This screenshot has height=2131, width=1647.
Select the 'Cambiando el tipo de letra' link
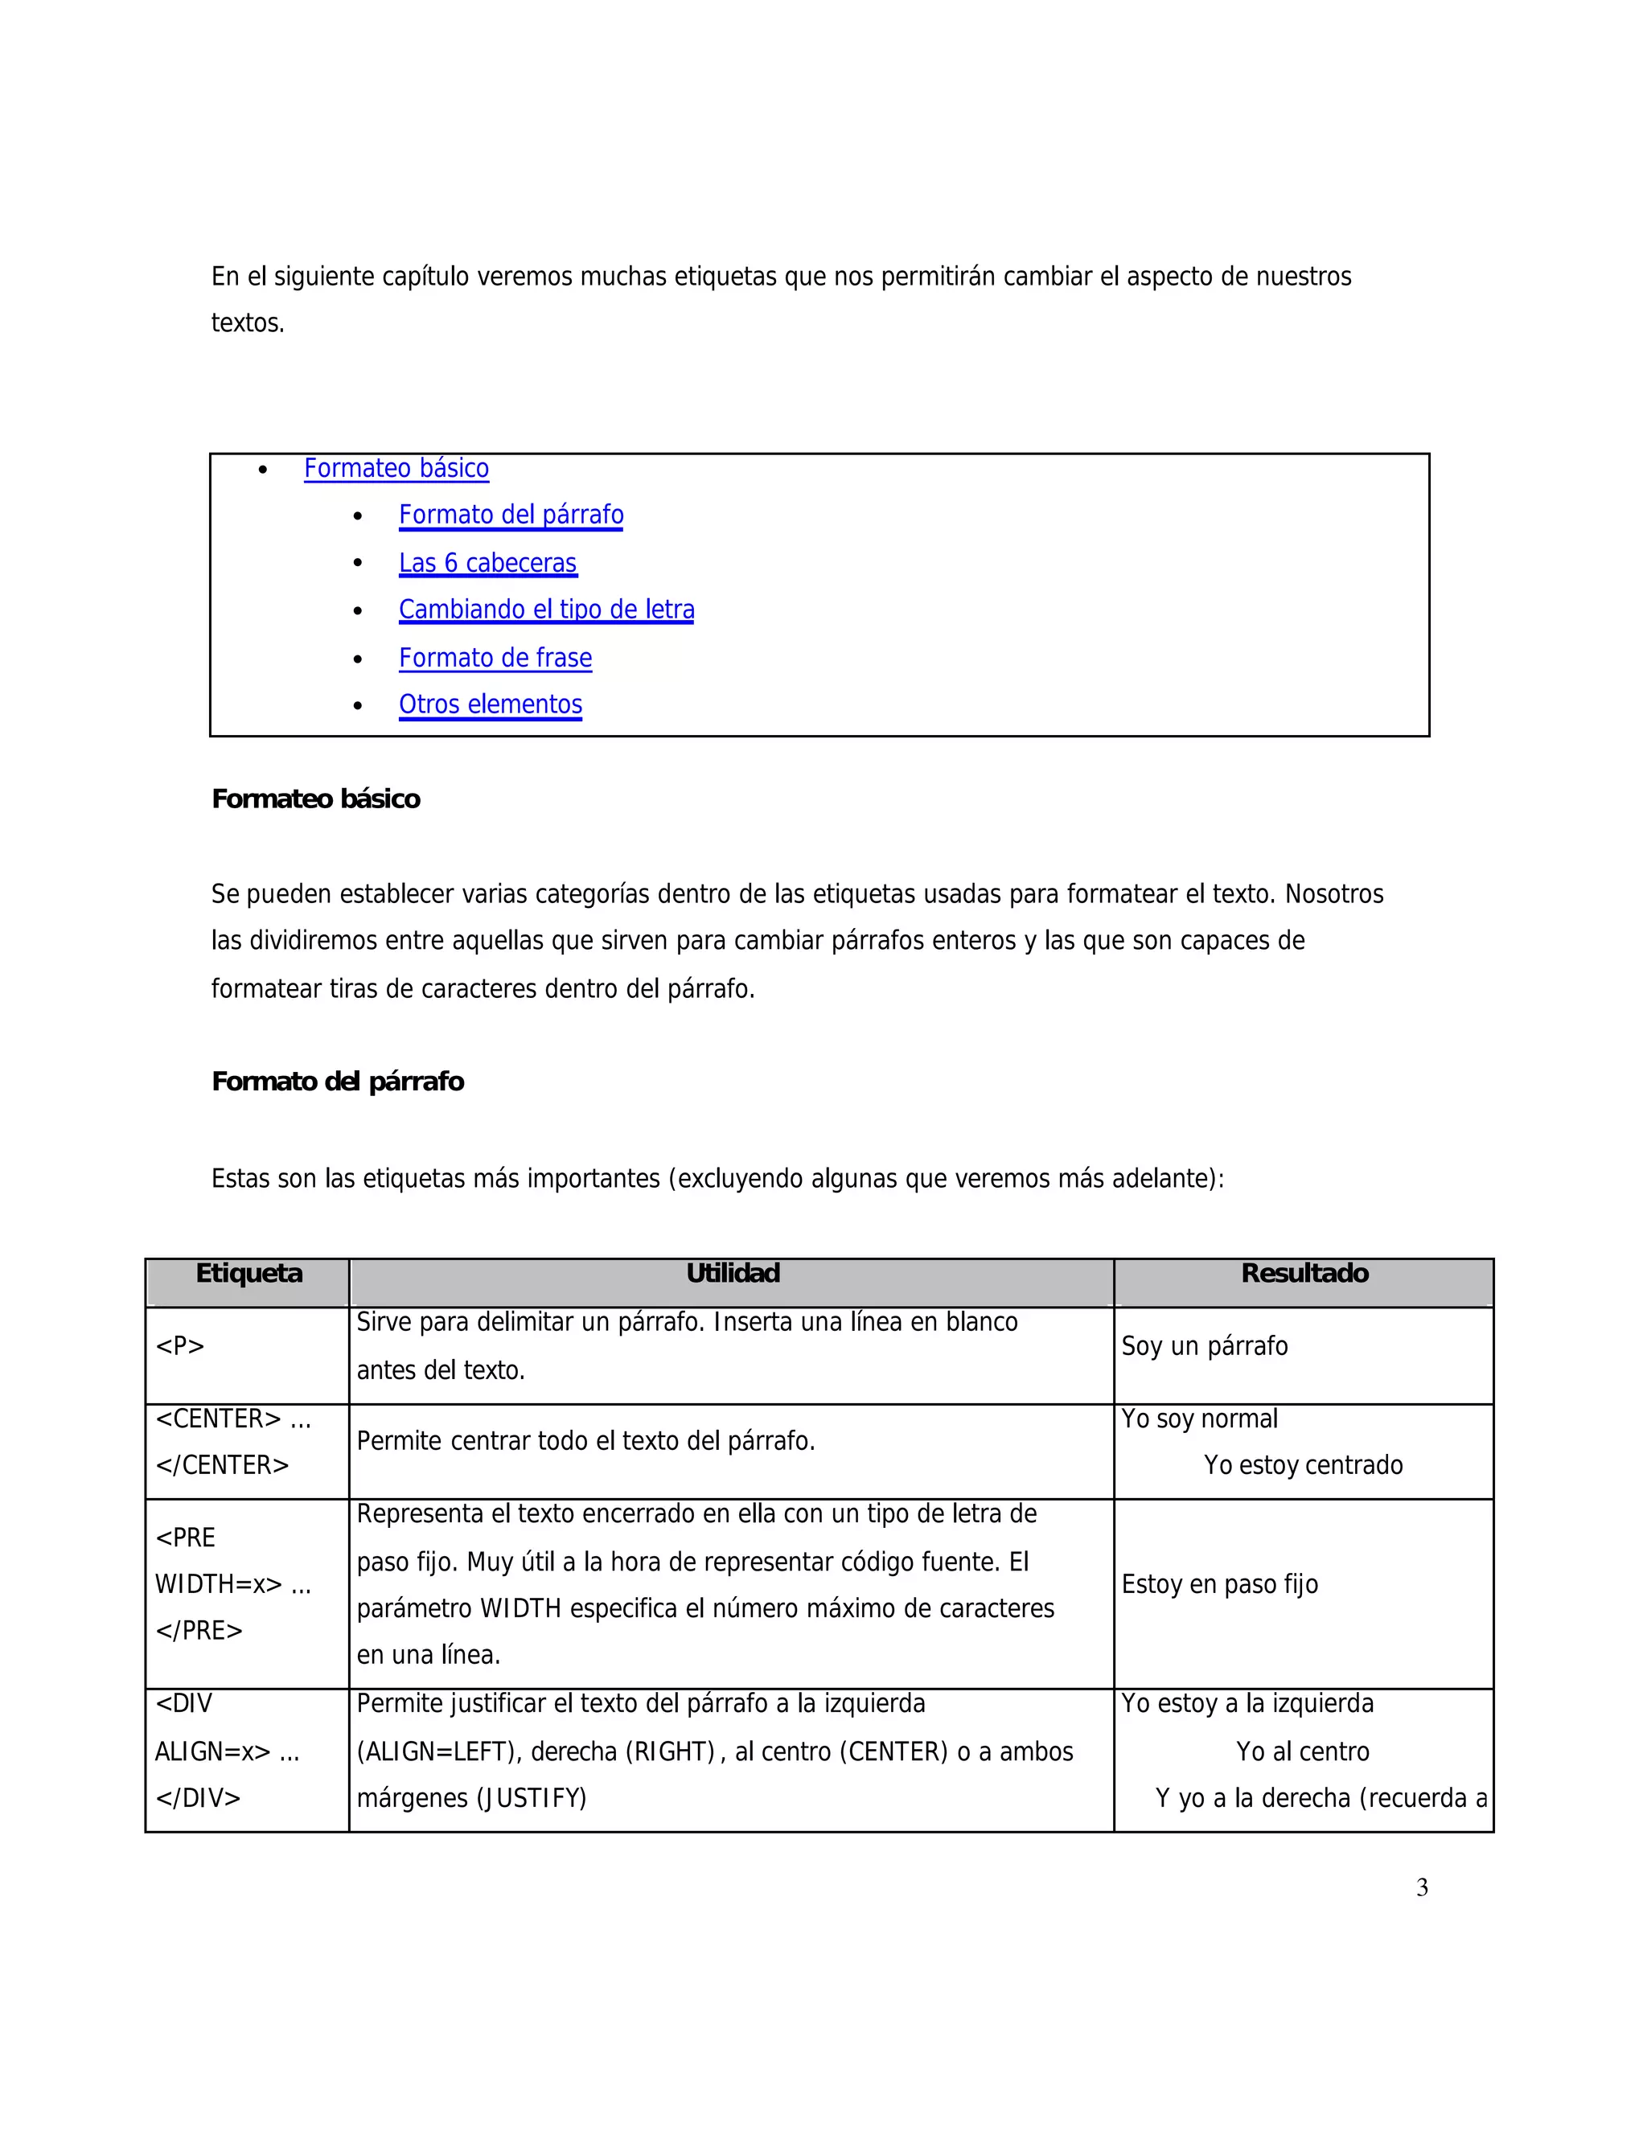pos(546,610)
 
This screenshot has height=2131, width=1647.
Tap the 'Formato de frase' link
pos(495,658)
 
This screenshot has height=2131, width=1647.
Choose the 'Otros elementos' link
pos(490,704)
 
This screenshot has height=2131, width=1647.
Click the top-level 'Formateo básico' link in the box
pos(396,468)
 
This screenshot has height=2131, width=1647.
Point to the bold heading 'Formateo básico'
pos(315,799)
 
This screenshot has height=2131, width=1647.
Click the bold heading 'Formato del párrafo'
pos(338,1081)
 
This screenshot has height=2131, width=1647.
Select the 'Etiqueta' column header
pos(248,1273)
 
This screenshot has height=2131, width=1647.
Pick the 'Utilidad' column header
pos(733,1273)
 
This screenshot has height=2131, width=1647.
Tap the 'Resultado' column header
pos(1304,1273)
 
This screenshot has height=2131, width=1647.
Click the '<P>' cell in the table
pos(180,1346)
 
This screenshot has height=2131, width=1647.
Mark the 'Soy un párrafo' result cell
pos(1204,1346)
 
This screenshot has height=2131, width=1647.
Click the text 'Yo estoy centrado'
pos(1303,1464)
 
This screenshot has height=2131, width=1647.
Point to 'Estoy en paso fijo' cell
pos(1220,1585)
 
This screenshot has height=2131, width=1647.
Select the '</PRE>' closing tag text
pos(199,1631)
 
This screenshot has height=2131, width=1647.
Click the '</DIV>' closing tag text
pos(198,1797)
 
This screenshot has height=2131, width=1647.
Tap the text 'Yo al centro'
pos(1303,1751)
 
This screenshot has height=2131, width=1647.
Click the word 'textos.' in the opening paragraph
pos(248,323)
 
